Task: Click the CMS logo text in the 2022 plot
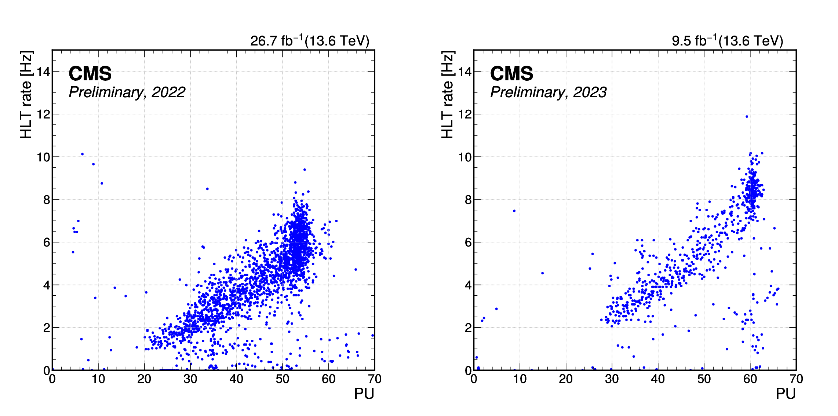(x=90, y=74)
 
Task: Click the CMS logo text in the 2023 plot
(x=511, y=74)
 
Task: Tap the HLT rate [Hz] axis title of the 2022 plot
(x=26, y=95)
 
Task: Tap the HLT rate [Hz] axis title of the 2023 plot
(x=448, y=95)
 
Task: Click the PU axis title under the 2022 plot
(x=364, y=394)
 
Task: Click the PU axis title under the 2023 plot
(x=786, y=394)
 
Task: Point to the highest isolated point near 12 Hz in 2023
(x=747, y=117)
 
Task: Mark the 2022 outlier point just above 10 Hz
(x=82, y=154)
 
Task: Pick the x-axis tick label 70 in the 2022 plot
(x=375, y=379)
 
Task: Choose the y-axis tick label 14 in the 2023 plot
(x=465, y=72)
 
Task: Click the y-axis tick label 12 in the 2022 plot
(x=43, y=114)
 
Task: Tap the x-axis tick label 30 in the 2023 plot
(x=612, y=379)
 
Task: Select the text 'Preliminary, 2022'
(x=127, y=92)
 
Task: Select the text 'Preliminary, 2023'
(x=549, y=92)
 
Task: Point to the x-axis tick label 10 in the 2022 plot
(x=98, y=379)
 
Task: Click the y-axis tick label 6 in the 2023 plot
(x=468, y=242)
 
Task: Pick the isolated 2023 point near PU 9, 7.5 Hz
(x=514, y=211)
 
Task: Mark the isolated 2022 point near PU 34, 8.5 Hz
(x=207, y=189)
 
